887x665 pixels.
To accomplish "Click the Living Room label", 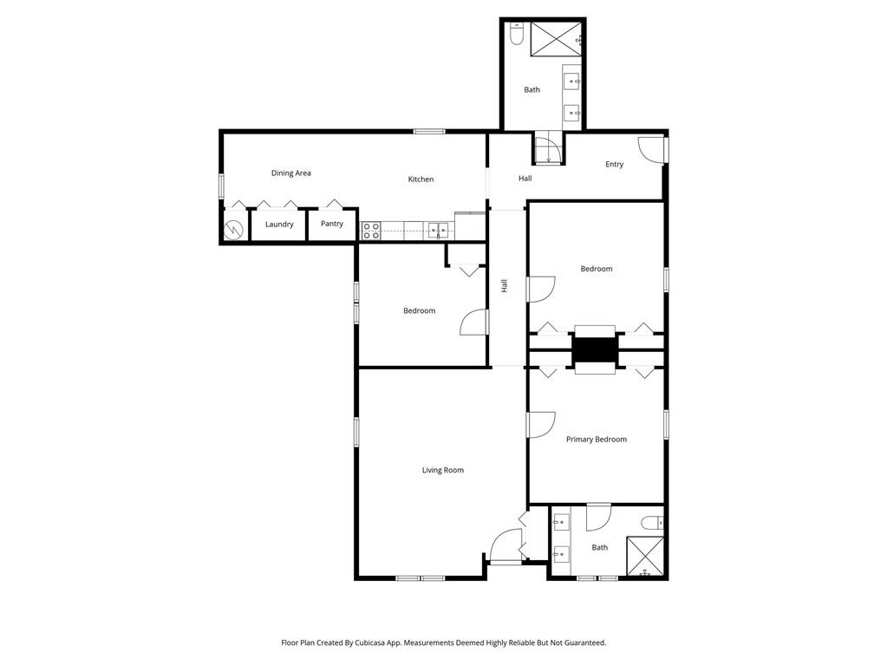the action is (443, 470).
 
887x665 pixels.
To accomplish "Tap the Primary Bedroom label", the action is (597, 440).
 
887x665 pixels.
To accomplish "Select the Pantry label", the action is (332, 224).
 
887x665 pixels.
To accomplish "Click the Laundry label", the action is (279, 225).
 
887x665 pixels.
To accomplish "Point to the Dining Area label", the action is (290, 173).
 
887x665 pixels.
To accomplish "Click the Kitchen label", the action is (421, 179).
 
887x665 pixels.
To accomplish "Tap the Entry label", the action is (615, 165).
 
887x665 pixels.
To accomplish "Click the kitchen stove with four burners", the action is (371, 231).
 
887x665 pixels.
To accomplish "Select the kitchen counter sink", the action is (439, 230).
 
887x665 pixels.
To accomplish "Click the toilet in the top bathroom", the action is (516, 34).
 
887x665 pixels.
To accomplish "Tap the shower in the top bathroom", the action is (556, 39).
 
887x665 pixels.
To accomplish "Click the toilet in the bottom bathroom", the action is (652, 523).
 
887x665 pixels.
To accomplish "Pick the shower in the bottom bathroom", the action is (645, 556).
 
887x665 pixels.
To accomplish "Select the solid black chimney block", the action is (595, 350).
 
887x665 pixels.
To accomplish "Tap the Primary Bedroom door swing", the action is (541, 425).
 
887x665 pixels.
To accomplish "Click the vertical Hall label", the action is (504, 285).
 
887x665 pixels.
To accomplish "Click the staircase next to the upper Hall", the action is (548, 148).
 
